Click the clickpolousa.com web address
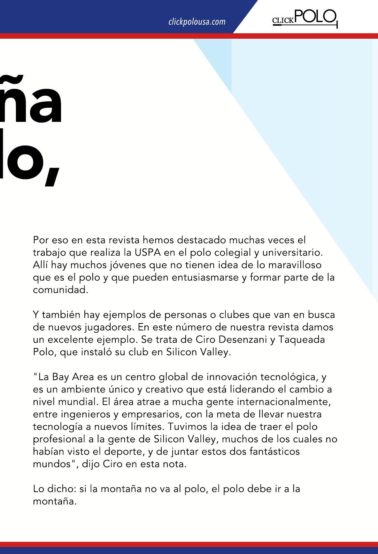[197, 22]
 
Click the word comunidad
[60, 290]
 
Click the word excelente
[74, 339]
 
